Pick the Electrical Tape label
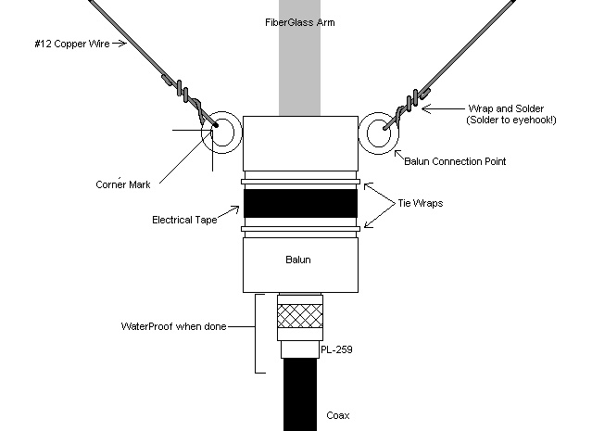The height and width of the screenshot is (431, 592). tap(185, 220)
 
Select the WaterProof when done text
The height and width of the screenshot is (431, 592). tap(173, 326)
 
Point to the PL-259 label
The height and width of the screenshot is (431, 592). tap(345, 350)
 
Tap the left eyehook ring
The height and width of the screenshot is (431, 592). tap(221, 133)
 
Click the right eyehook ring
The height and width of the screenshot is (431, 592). tap(378, 133)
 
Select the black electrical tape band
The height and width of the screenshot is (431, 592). tap(300, 203)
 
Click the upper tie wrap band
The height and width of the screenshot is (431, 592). tap(300, 176)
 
